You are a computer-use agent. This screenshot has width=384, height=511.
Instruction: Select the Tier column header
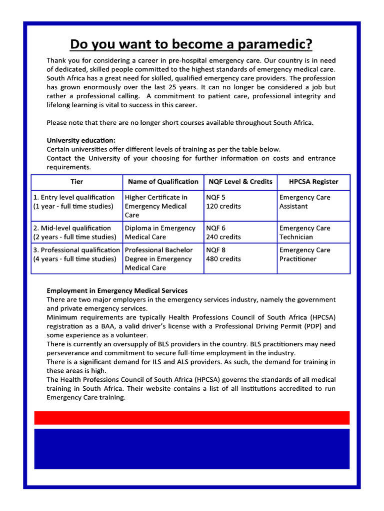point(76,182)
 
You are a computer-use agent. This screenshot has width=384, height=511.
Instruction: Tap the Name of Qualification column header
point(163,182)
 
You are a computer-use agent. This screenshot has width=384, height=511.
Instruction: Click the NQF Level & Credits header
point(240,182)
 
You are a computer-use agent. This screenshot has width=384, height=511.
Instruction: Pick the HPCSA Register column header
point(313,182)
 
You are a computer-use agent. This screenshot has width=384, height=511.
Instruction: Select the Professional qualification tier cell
point(76,255)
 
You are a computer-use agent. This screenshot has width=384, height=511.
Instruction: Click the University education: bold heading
point(81,141)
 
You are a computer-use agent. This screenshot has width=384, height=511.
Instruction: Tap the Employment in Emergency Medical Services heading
point(117,290)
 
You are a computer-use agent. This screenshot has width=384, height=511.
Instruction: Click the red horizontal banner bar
point(191,418)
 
